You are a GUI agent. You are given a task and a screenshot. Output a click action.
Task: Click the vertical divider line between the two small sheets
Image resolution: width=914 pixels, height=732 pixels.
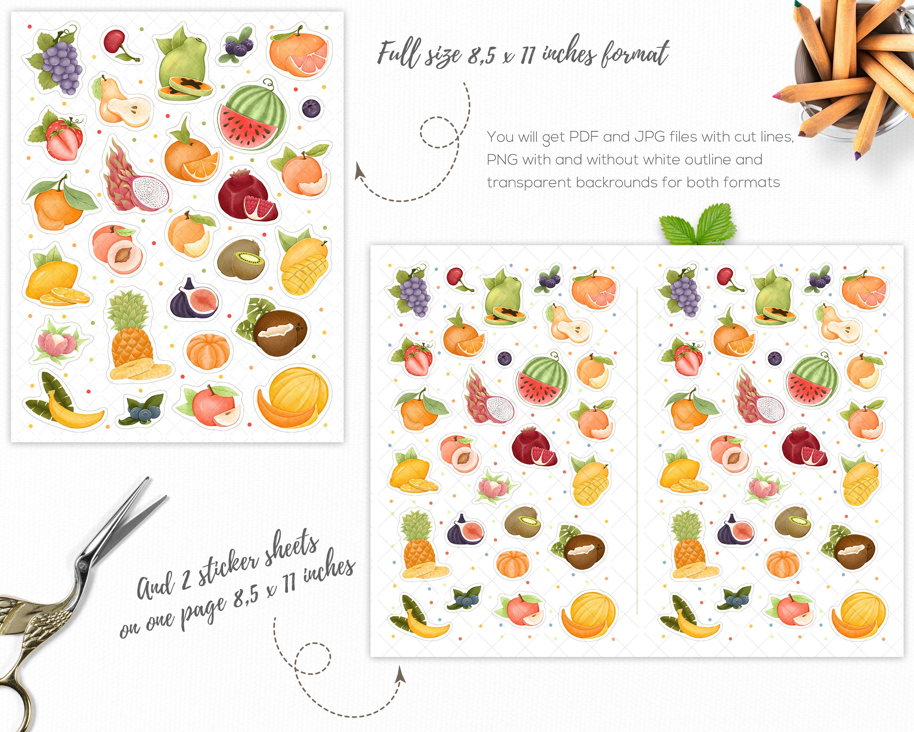tap(637, 450)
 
